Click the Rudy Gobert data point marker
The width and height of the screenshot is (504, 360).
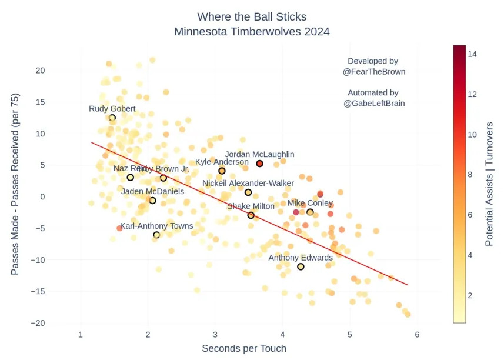tap(112, 118)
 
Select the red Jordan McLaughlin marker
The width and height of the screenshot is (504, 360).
tap(259, 164)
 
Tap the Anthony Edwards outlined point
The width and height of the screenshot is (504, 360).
tap(301, 266)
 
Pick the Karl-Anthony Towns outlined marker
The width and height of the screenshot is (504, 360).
tap(156, 235)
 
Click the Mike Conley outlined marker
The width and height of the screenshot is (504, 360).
tap(310, 212)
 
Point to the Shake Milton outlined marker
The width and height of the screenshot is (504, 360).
tap(251, 215)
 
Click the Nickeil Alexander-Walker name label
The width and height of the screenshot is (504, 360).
tap(248, 184)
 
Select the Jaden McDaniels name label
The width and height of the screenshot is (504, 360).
tap(152, 191)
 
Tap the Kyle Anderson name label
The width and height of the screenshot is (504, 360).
tap(222, 162)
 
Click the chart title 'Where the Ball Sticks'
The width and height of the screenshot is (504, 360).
tap(252, 16)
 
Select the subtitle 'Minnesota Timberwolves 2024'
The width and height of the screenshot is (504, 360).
tap(252, 32)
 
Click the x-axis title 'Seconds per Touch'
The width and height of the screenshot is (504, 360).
tap(244, 348)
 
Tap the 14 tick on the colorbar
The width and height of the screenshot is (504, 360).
tap(472, 54)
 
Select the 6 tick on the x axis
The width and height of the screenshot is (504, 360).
tap(417, 335)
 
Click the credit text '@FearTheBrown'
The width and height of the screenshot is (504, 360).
tap(373, 72)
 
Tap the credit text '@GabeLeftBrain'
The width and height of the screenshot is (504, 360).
tap(373, 104)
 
